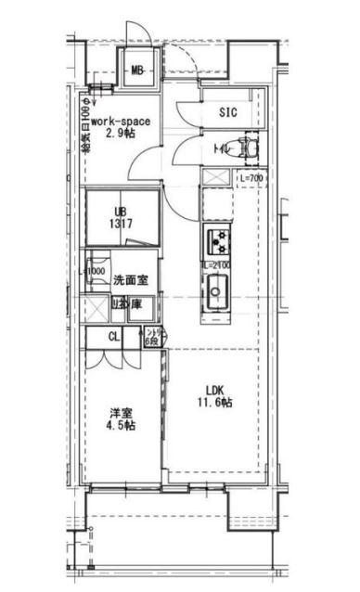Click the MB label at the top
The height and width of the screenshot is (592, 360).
click(136, 71)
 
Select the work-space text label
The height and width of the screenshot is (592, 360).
click(122, 121)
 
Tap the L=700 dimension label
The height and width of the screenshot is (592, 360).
click(253, 177)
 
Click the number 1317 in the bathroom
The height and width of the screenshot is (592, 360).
click(117, 224)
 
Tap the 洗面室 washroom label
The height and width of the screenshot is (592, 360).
click(129, 277)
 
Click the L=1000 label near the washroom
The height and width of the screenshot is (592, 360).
click(95, 272)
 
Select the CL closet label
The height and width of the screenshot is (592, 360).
click(113, 338)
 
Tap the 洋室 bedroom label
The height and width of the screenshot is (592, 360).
click(121, 411)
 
